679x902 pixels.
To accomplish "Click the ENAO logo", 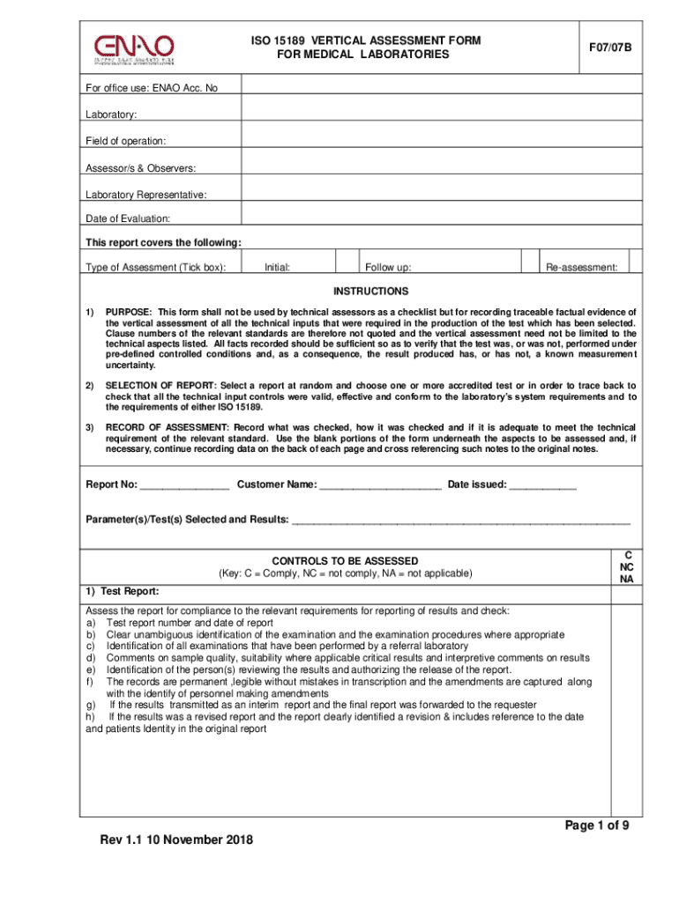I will coord(134,48).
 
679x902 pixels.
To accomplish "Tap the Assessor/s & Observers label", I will coord(140,168).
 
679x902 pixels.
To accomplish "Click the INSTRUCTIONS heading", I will coord(370,292).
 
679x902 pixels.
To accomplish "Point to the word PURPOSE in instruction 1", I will coord(130,313).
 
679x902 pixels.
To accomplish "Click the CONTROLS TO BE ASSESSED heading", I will coord(345,561).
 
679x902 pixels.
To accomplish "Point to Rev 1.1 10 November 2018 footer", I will coord(176,839).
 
